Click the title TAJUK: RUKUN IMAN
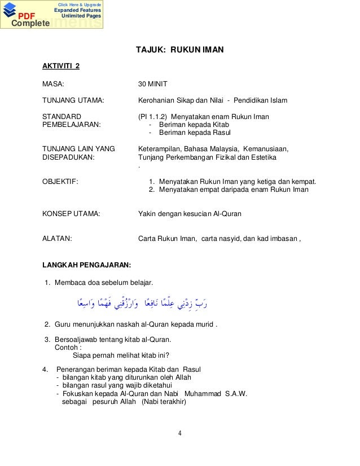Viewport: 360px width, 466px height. pyautogui.click(x=179, y=51)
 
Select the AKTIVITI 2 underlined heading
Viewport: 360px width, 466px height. pyautogui.click(x=61, y=68)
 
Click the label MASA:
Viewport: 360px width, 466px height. pyautogui.click(x=54, y=84)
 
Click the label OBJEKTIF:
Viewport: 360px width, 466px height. pyautogui.click(x=60, y=182)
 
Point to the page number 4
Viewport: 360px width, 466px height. pyautogui.click(x=179, y=434)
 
